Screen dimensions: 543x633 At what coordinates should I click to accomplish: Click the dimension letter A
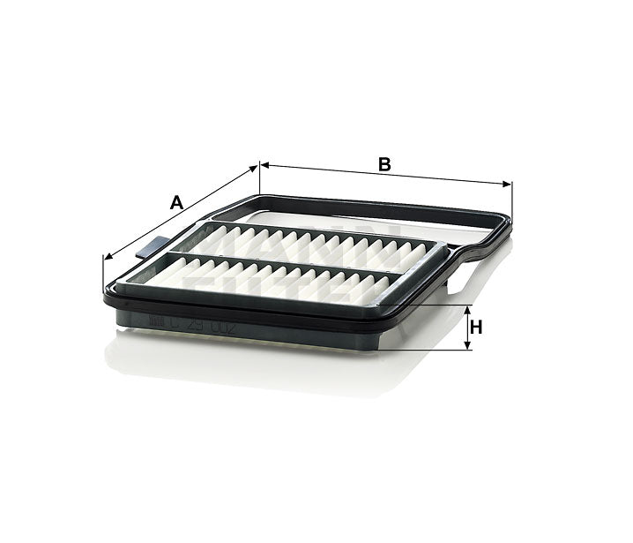coord(176,203)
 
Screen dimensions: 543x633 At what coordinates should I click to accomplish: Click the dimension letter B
coord(384,163)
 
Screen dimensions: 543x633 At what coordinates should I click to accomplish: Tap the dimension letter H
coord(477,328)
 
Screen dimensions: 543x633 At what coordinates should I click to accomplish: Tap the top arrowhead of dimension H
coord(466,309)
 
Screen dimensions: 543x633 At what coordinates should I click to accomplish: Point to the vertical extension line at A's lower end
coord(104,274)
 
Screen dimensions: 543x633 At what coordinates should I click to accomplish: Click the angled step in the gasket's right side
coord(465,256)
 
